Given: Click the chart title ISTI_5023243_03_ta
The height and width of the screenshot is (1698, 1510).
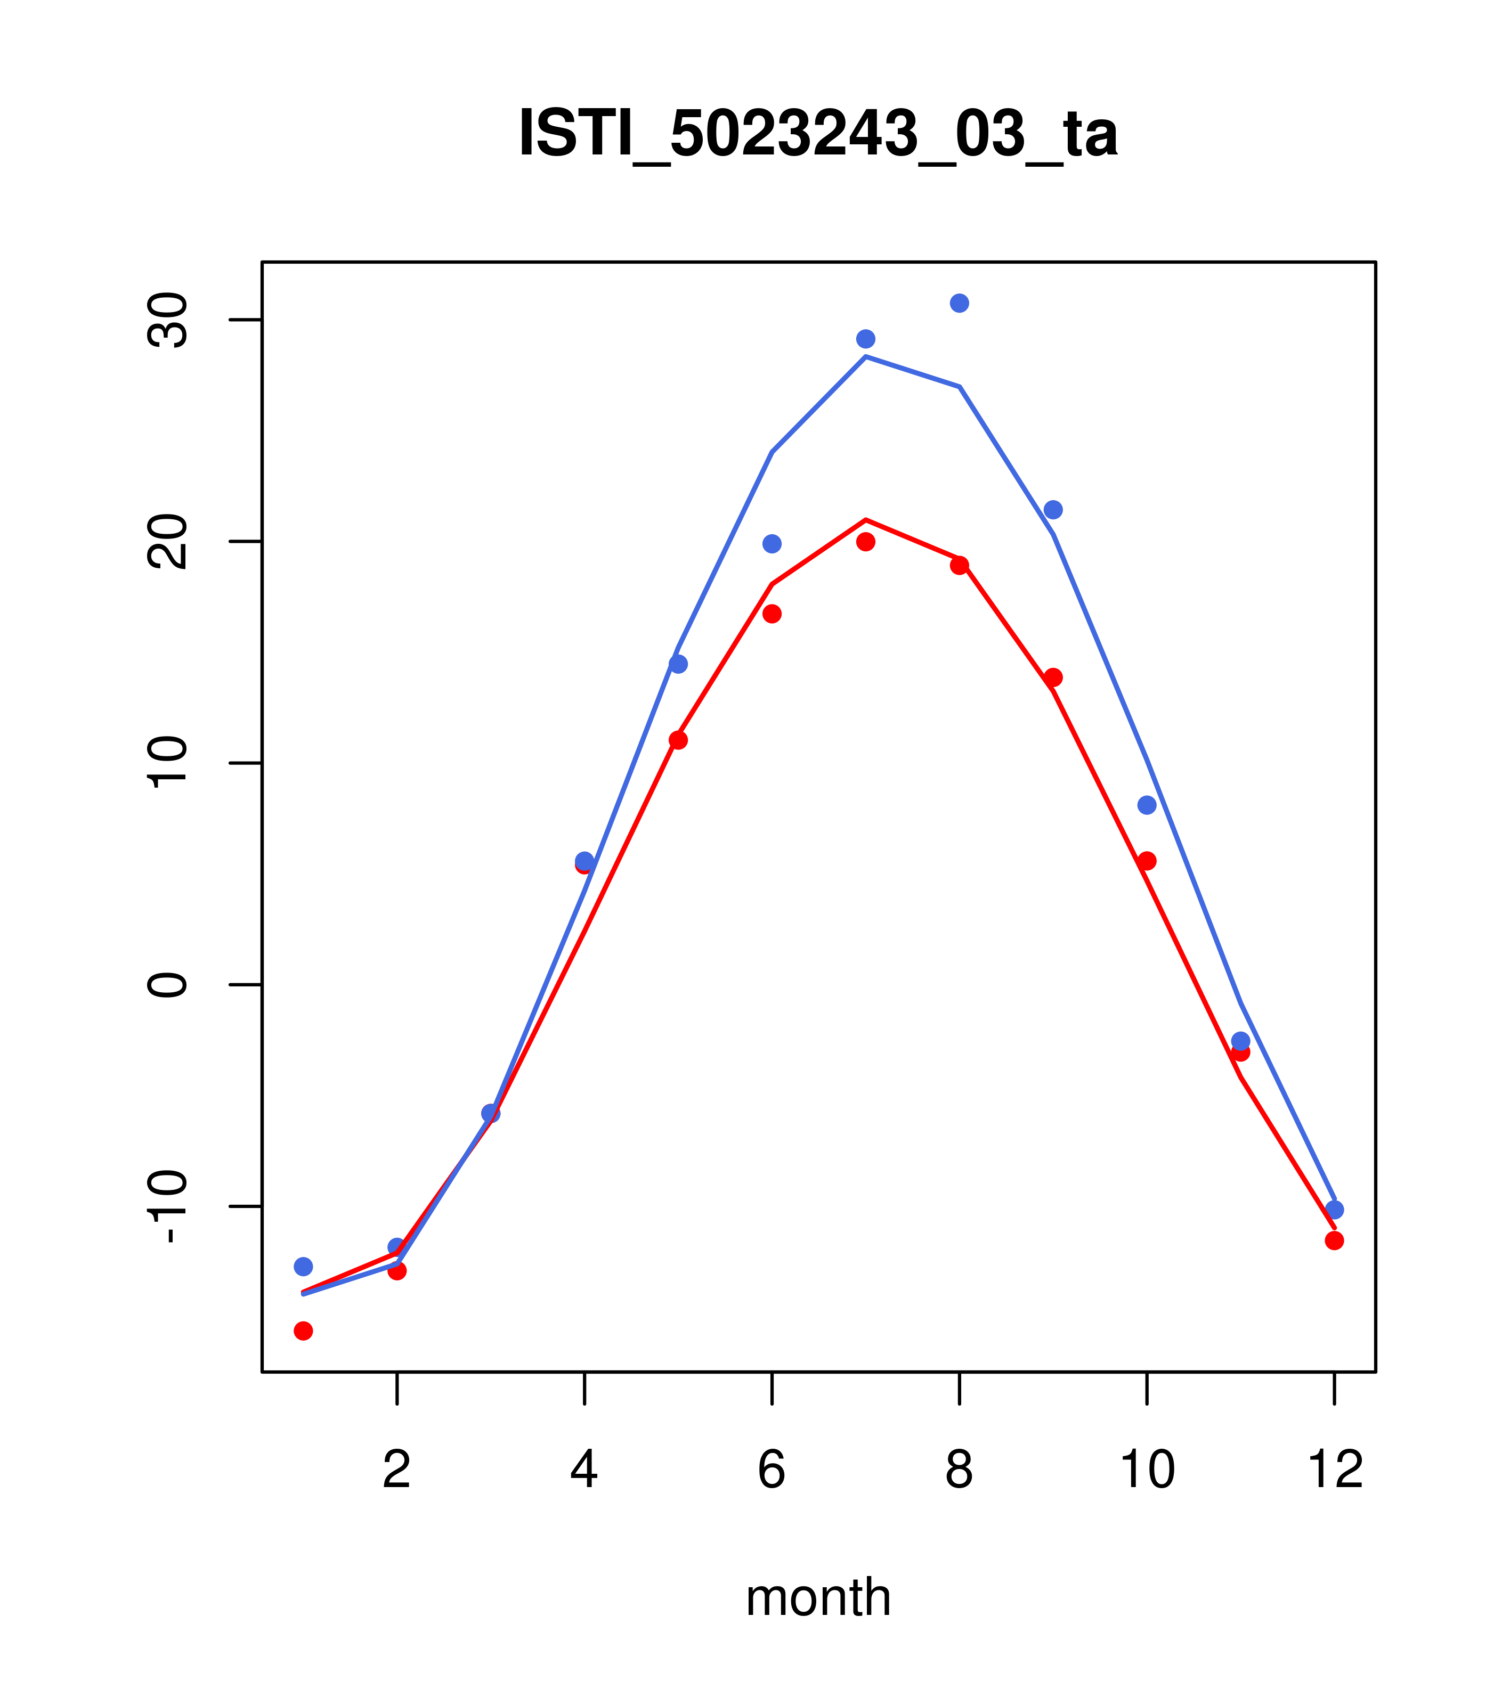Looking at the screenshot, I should (x=818, y=135).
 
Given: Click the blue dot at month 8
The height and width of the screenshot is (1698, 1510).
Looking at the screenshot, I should (x=959, y=303).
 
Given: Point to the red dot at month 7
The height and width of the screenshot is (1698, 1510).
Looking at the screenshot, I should (x=866, y=542).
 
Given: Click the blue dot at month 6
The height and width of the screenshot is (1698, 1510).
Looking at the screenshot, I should (x=772, y=544).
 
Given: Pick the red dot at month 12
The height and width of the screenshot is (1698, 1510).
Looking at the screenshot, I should (x=1335, y=1241).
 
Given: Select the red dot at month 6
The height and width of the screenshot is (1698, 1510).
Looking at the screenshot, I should (x=772, y=614).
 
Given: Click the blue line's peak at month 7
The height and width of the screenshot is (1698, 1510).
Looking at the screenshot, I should (x=866, y=356).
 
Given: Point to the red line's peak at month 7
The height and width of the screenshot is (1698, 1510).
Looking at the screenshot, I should (x=866, y=520).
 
